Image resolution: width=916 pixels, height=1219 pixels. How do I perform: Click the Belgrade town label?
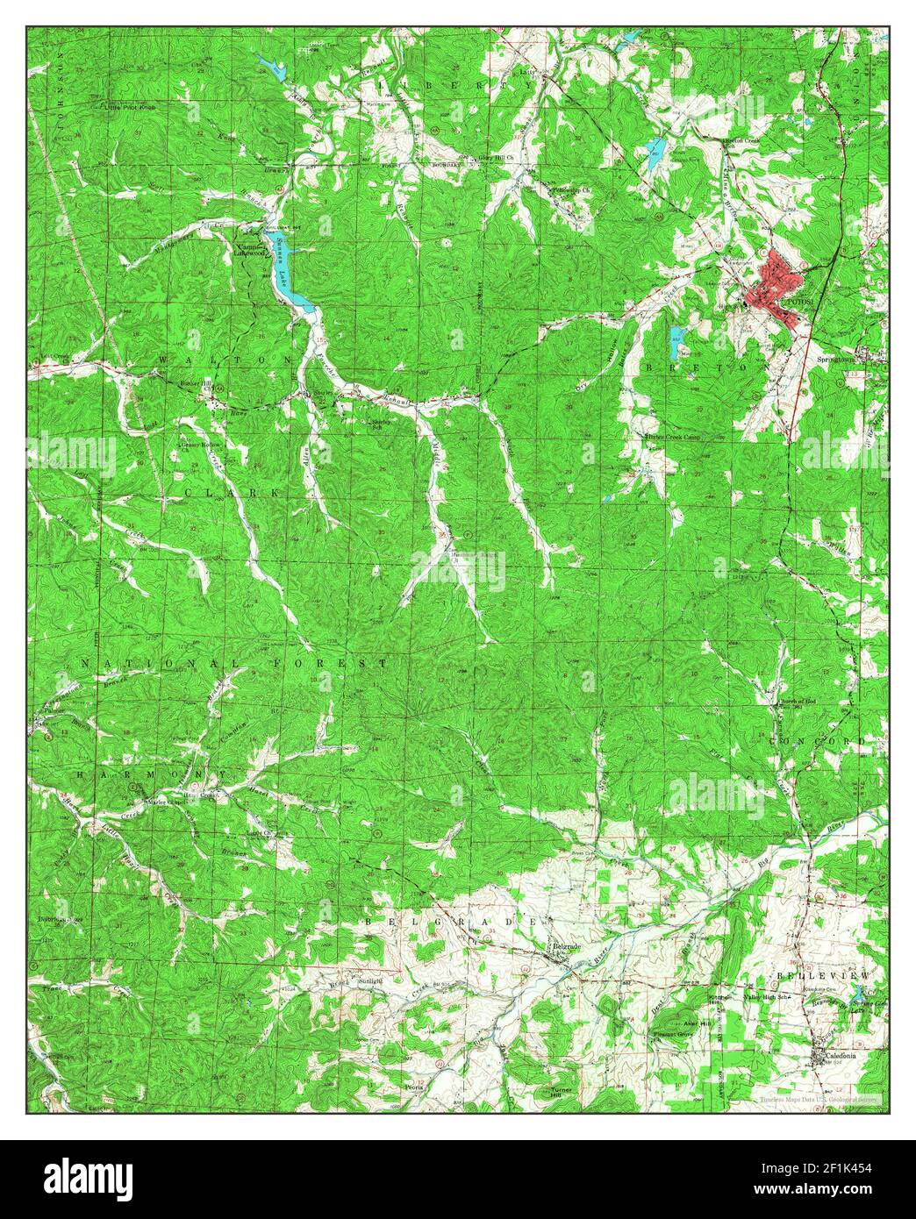[569, 946]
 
